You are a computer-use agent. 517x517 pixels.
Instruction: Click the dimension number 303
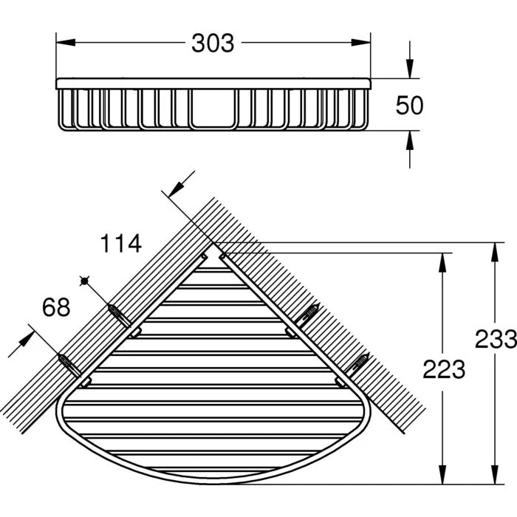[213, 43]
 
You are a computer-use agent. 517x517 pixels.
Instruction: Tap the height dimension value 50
[409, 105]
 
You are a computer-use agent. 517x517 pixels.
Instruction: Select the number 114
[120, 243]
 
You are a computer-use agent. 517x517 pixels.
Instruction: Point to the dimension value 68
[56, 307]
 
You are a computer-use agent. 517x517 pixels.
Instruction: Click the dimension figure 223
[443, 369]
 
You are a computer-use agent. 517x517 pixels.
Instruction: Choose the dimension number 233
[496, 339]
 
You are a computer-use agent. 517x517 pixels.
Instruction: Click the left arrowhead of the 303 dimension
[66, 43]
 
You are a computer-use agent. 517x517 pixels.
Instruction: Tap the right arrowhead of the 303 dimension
[360, 43]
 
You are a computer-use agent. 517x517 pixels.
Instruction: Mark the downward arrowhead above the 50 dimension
[409, 69]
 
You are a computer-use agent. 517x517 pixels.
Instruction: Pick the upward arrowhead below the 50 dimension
[409, 140]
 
